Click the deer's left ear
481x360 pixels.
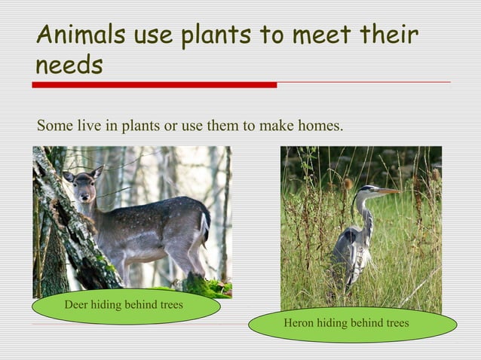point(69,177)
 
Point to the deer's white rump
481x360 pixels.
point(204,224)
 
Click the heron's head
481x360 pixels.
point(368,190)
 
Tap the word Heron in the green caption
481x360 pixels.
point(298,323)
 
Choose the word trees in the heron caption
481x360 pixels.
point(395,323)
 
